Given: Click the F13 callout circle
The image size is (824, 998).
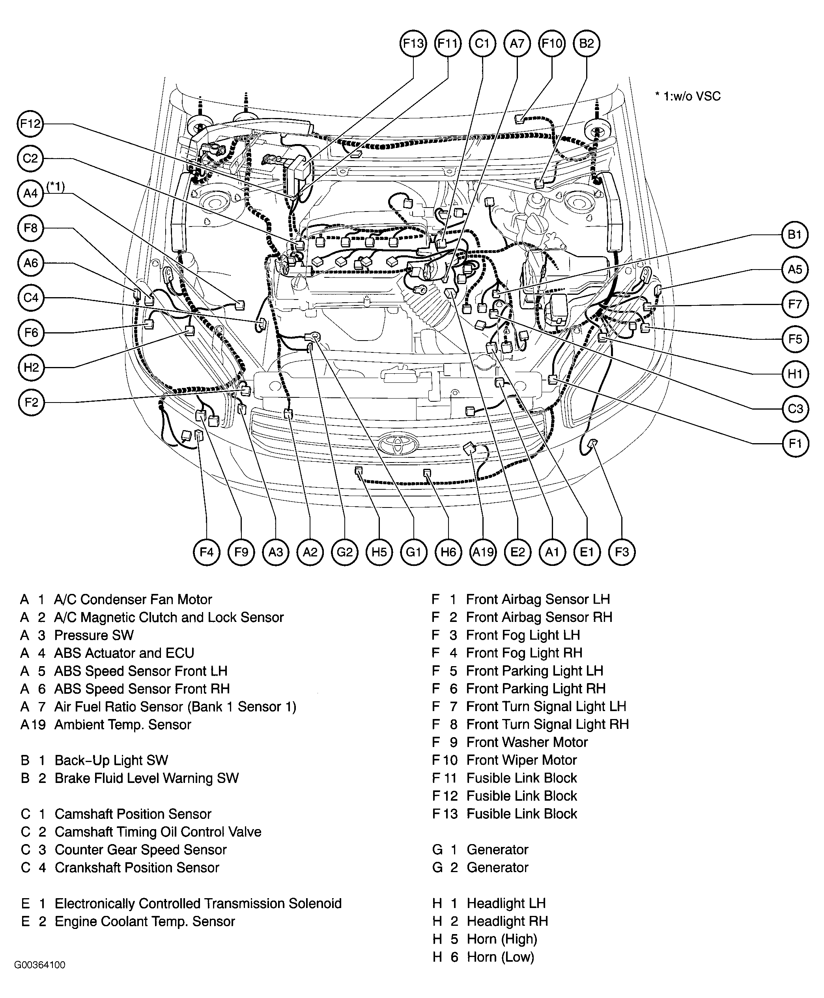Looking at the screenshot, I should tap(413, 44).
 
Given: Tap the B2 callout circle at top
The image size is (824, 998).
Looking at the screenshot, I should tap(587, 44).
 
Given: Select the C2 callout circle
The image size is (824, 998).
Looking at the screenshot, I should tap(30, 158).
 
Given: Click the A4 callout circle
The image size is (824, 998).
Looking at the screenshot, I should tap(30, 193).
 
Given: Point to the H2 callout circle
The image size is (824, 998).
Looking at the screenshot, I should tap(31, 367).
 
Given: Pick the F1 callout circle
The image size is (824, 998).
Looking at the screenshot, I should tap(794, 444).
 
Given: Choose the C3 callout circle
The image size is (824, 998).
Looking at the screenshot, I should tap(794, 409).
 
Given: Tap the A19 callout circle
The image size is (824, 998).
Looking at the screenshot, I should tap(483, 552).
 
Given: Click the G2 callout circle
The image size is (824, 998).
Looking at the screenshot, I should tap(345, 552).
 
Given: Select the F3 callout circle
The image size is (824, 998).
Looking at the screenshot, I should tap(621, 552).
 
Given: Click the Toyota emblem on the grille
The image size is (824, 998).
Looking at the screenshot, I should tap(398, 444).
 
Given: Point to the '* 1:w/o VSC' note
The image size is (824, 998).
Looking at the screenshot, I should tap(688, 96).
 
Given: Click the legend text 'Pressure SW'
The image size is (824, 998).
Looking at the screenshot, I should tap(94, 635).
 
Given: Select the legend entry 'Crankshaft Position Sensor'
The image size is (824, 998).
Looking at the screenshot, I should tap(137, 868).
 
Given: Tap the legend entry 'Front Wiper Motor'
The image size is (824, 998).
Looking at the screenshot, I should tap(521, 760).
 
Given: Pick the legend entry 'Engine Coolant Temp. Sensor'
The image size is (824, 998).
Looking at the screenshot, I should tap(145, 921).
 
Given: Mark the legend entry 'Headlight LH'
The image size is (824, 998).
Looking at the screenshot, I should tap(506, 904).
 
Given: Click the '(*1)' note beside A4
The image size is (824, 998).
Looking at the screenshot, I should tap(56, 186).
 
